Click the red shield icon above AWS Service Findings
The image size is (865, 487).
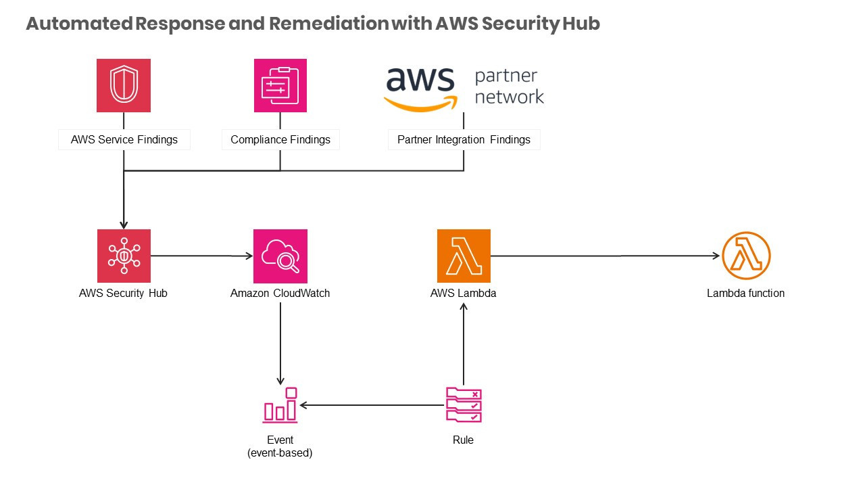click(124, 85)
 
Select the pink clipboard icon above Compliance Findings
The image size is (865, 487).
click(280, 85)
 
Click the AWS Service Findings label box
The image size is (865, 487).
click(124, 140)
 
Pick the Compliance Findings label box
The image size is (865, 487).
click(280, 140)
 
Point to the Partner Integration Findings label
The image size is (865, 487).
click(464, 140)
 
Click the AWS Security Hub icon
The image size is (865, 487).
click(124, 256)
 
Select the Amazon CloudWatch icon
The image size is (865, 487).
click(280, 256)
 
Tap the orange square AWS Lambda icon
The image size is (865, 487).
click(464, 256)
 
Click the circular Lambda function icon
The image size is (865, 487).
click(746, 256)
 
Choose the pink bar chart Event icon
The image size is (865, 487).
click(280, 404)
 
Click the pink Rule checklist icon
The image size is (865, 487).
click(464, 404)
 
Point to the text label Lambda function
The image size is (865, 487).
click(745, 294)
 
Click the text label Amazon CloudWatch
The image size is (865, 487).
click(280, 294)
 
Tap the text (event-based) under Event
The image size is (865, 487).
click(280, 453)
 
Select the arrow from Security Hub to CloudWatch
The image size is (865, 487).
click(201, 256)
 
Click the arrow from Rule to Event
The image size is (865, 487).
click(372, 405)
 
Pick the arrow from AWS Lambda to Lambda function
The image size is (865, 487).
click(605, 256)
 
